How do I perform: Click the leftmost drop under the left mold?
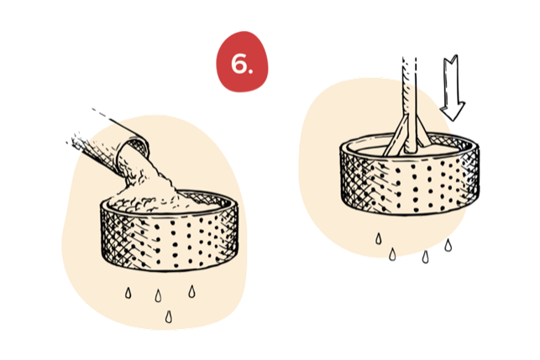click(128, 292)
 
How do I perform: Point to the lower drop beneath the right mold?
click(390, 252)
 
